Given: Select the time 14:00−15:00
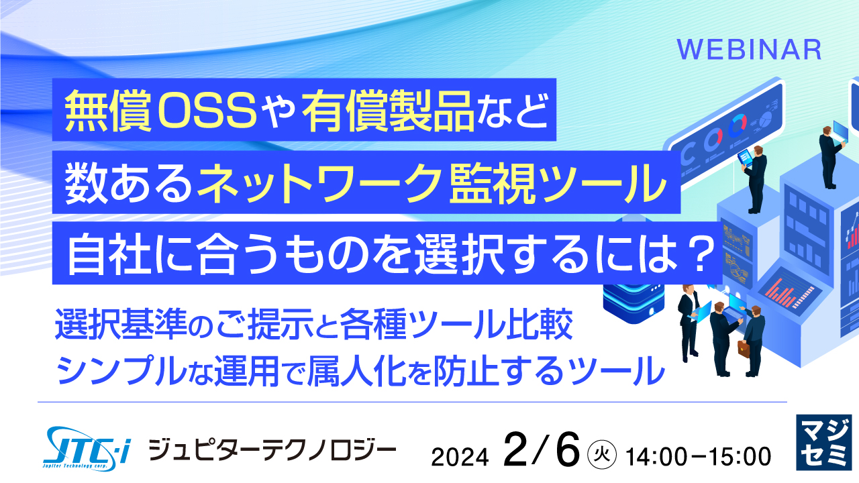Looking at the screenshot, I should pyautogui.click(x=698, y=456).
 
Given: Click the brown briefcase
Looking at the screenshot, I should pyautogui.click(x=743, y=348).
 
